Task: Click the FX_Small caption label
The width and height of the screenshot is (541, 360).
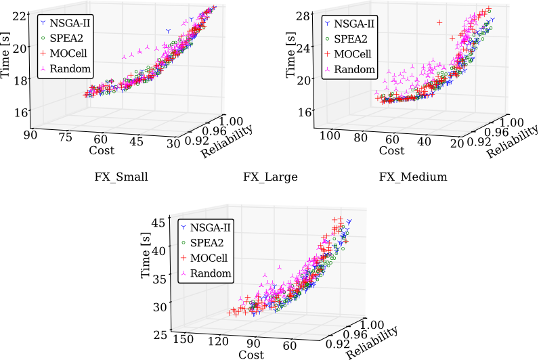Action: pyautogui.click(x=121, y=177)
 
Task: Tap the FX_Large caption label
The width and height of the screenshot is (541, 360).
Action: pyautogui.click(x=270, y=177)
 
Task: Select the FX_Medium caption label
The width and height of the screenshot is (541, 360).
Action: pyautogui.click(x=413, y=177)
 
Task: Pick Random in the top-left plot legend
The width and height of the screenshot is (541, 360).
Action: pyautogui.click(x=72, y=68)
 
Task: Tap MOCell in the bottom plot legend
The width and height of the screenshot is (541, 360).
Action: pyautogui.click(x=211, y=258)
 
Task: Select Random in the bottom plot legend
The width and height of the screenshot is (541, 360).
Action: pyautogui.click(x=211, y=273)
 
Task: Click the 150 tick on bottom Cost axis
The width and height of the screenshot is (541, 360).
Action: pyautogui.click(x=183, y=338)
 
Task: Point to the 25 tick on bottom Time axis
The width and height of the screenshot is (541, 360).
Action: pyautogui.click(x=159, y=334)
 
